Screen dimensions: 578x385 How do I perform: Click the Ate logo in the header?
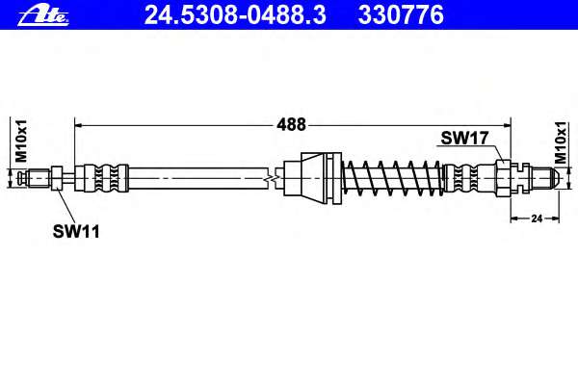pos(43,15)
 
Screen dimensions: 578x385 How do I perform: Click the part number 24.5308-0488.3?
pos(235,15)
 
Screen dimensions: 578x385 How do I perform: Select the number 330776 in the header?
pos(401,15)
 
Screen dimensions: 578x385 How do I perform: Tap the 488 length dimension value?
pos(291,124)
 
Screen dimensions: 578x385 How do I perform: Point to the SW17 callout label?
pos(464,139)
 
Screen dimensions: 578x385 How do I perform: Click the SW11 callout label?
pos(76,231)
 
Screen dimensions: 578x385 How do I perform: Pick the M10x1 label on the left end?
pos(21,141)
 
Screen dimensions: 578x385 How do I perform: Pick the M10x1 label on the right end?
pos(561,142)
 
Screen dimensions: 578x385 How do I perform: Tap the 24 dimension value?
pos(537,218)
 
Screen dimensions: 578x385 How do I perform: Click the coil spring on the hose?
pos(392,178)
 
